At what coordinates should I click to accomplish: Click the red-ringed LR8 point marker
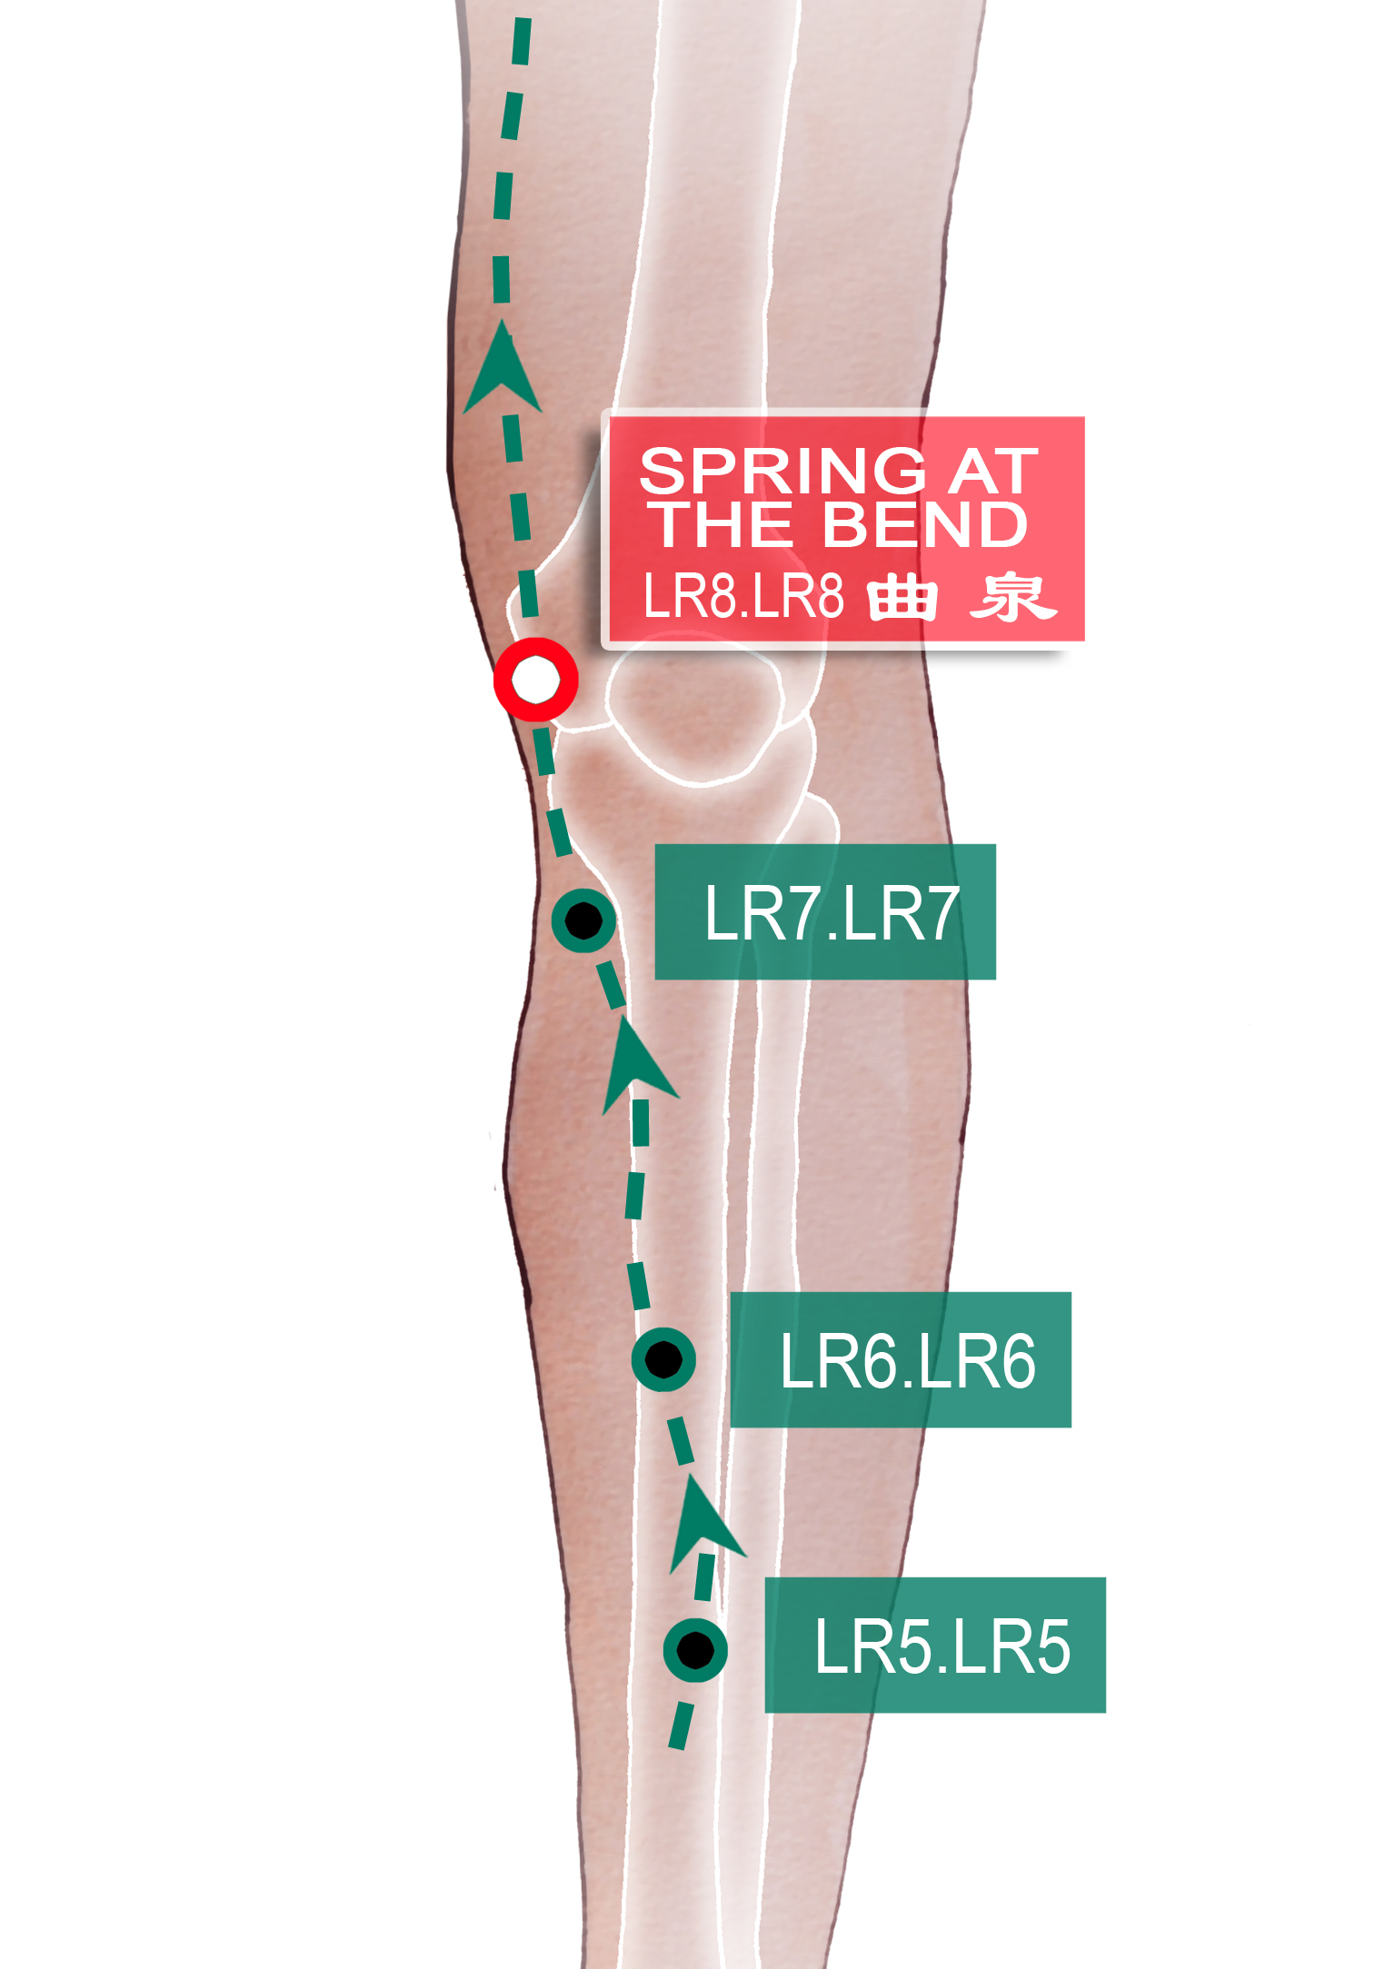point(535,680)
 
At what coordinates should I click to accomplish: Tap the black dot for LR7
point(583,920)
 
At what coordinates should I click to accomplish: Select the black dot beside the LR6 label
point(663,1359)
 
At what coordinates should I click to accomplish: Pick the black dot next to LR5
point(695,1650)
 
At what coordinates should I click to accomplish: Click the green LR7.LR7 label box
point(825,912)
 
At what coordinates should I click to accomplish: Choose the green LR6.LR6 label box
point(901,1360)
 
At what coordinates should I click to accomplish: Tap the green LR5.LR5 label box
point(935,1646)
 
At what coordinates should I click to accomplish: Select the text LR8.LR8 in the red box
point(743,596)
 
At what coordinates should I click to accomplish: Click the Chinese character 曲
point(902,598)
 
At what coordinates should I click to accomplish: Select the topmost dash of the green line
point(522,41)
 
